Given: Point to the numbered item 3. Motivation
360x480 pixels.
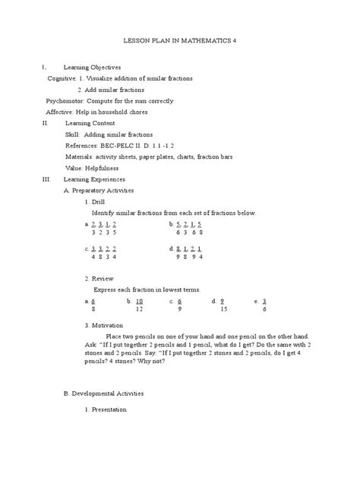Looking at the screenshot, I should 105,324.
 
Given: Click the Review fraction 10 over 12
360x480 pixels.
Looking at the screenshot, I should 140,305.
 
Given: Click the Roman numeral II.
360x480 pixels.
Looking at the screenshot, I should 46,122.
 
